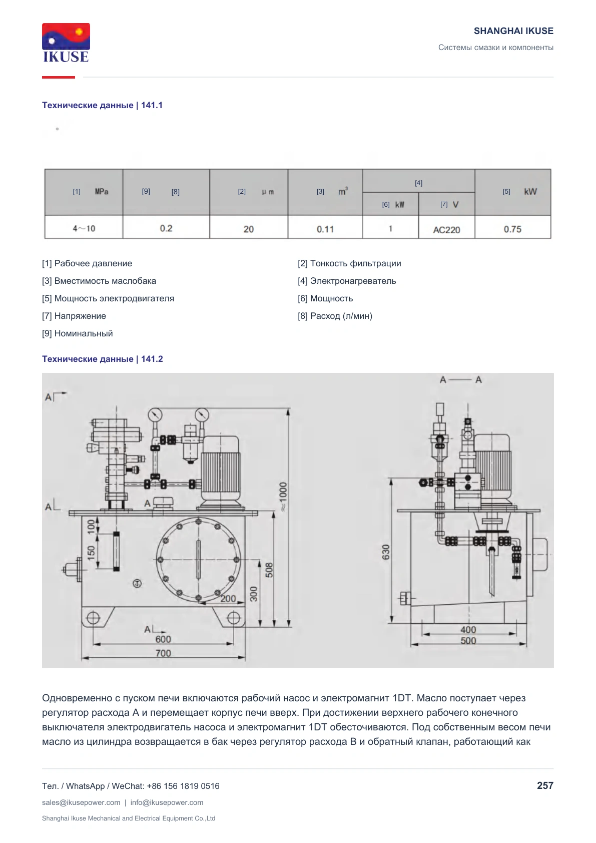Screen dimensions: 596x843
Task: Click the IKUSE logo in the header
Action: (x=66, y=43)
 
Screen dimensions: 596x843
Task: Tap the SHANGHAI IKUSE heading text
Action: (x=513, y=31)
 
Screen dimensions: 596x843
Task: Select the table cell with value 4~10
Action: (x=84, y=228)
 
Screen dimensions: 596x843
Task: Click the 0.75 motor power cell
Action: (x=512, y=229)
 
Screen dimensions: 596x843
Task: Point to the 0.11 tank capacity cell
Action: (x=325, y=229)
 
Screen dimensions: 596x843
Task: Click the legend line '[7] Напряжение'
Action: (x=74, y=316)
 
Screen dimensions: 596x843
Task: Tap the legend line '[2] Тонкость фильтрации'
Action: (x=349, y=263)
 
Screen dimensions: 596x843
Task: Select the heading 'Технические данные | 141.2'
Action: (x=103, y=359)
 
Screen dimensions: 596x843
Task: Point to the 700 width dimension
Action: (x=163, y=653)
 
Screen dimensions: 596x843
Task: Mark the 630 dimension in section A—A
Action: (x=386, y=552)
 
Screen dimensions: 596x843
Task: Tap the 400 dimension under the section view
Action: (x=468, y=630)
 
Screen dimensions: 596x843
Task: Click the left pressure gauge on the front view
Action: (x=155, y=415)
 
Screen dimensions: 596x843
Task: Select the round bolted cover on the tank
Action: (x=198, y=560)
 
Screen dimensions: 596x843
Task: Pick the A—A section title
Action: (x=460, y=380)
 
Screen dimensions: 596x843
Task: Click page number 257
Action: (x=545, y=785)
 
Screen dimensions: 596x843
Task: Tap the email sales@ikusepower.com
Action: (x=81, y=802)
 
